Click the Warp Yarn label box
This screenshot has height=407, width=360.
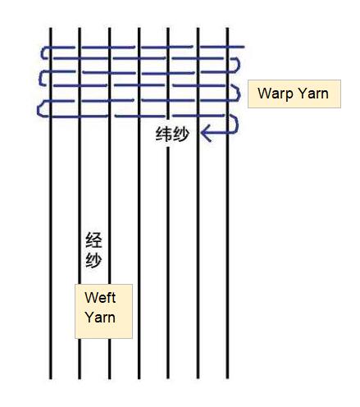point(294,94)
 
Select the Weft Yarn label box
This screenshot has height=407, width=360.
point(103,311)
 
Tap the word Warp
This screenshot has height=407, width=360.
point(275,94)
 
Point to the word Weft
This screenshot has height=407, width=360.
point(100,298)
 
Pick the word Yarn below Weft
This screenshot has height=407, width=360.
point(100,318)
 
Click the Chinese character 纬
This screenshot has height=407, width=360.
point(164,135)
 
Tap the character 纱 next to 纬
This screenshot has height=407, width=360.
point(181,135)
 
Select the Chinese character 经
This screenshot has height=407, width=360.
point(93,240)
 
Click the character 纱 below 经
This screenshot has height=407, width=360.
point(93,260)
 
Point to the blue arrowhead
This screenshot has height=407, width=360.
point(206,133)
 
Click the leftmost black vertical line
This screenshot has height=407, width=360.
point(51,203)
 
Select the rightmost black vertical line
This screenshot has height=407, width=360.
point(227,203)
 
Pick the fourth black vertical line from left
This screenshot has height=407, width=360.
point(139,203)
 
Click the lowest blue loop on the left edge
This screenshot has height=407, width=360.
point(39,109)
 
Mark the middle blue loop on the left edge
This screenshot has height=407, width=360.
point(41,79)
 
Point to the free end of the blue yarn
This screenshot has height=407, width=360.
point(244,47)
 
